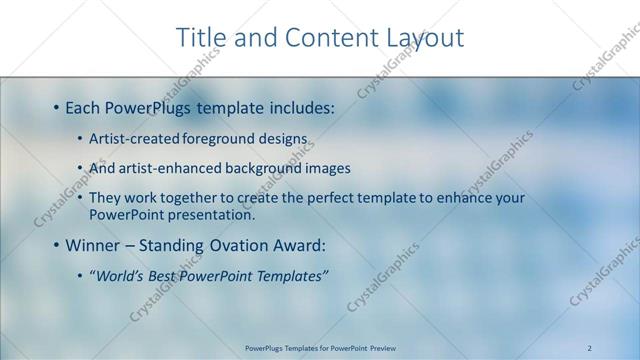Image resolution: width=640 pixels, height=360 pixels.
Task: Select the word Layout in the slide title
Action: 423,38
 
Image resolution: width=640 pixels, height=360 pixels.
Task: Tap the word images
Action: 327,168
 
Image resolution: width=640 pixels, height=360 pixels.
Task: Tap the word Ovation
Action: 252,245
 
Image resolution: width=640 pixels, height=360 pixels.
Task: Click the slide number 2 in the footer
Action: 590,348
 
